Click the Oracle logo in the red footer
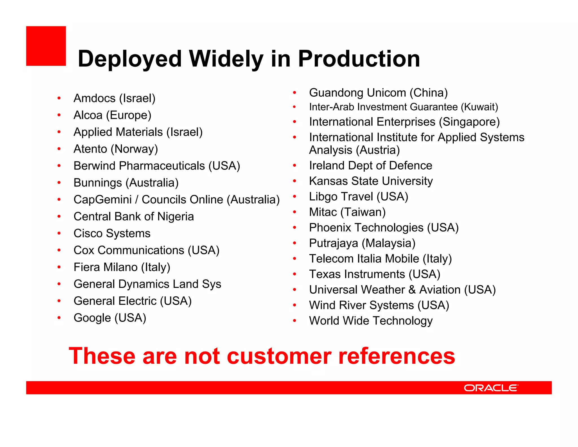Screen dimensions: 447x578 (491, 388)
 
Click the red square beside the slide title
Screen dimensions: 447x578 (46, 46)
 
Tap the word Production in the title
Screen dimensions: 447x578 (359, 59)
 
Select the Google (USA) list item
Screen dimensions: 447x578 (110, 318)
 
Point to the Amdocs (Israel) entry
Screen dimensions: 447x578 (114, 98)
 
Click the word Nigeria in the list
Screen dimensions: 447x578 (176, 216)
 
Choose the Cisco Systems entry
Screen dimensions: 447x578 (112, 233)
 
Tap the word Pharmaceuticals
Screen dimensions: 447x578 (162, 166)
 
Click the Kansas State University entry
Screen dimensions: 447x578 (371, 181)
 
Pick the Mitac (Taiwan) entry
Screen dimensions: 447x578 (347, 212)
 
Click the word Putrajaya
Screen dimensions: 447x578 (334, 243)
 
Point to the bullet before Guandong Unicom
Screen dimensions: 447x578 (294, 93)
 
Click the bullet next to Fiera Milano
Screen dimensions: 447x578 (59, 267)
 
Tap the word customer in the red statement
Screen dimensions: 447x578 (279, 356)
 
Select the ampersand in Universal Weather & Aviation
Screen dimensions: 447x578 (412, 290)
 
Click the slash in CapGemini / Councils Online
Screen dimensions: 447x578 (137, 200)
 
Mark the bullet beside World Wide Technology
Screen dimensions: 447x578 (294, 321)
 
